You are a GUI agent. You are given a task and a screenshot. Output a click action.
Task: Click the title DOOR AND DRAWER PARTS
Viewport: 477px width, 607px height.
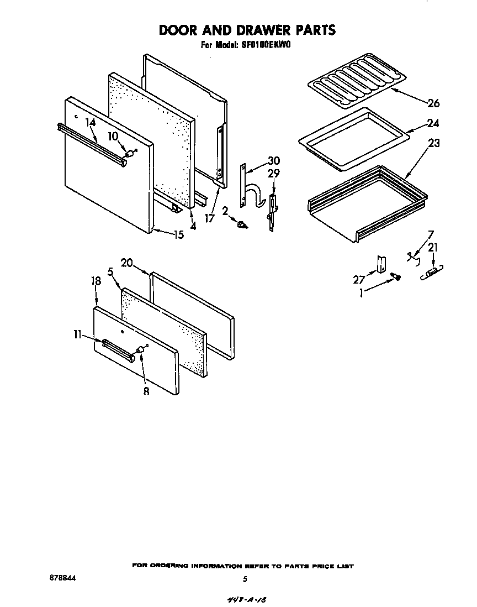[x=247, y=30]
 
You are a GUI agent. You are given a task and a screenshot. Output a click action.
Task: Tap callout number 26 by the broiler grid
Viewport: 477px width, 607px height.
[x=433, y=103]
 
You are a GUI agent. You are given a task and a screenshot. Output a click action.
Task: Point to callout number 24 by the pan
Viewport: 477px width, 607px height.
[x=433, y=123]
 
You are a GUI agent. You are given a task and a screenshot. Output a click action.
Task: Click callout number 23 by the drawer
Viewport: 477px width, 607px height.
[x=433, y=143]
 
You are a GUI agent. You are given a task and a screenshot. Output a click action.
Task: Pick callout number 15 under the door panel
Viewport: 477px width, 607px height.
[x=178, y=234]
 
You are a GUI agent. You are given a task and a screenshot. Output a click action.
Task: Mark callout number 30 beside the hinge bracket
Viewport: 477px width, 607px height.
[x=273, y=161]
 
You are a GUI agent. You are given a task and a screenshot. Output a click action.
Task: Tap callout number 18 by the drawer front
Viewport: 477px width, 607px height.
[x=96, y=281]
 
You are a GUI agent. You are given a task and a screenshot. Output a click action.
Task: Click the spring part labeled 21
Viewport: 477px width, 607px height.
[x=433, y=271]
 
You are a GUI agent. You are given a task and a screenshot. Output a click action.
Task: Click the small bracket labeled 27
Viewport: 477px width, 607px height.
[x=380, y=264]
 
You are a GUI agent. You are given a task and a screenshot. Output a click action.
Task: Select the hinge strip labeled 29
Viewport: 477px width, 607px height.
[x=272, y=210]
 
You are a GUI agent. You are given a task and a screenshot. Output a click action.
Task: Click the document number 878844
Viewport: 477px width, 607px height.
[x=62, y=577]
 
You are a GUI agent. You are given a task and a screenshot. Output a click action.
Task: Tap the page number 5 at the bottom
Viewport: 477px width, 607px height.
[x=244, y=579]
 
